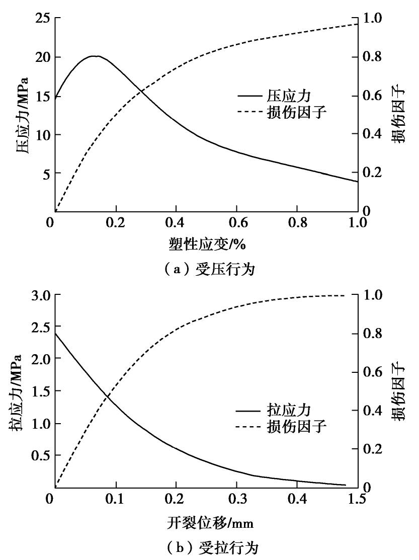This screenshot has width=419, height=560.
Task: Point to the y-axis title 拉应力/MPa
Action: [15, 392]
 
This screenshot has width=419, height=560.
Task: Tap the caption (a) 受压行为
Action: [209, 270]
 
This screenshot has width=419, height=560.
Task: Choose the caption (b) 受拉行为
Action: [209, 547]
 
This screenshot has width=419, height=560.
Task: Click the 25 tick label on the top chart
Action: [41, 19]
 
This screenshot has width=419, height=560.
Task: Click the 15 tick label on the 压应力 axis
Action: [41, 96]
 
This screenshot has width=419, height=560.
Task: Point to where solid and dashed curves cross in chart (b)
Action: [107, 397]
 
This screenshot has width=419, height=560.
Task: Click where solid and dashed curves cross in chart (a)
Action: [143, 92]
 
